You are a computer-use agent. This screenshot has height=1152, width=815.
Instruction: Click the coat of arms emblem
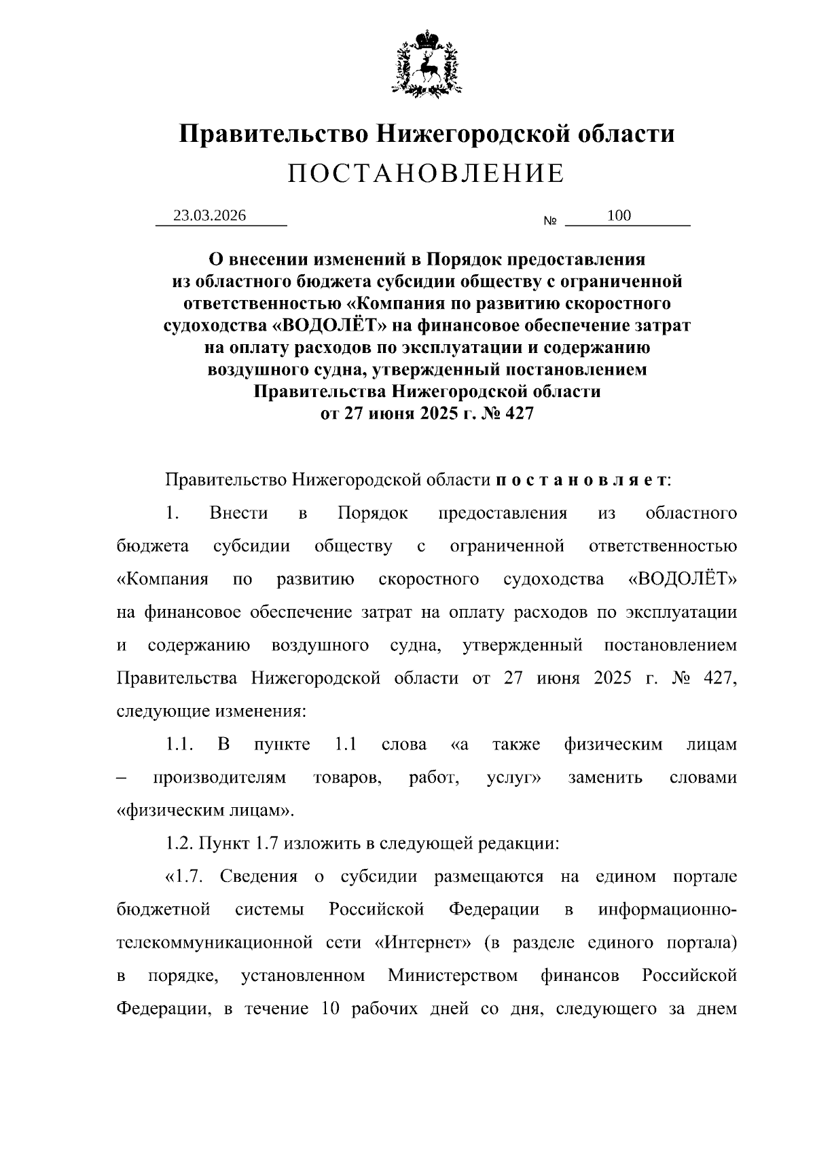[427, 62]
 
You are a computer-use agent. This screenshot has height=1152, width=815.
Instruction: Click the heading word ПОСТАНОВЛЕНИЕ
[427, 174]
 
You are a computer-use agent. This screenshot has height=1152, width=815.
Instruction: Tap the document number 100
[619, 216]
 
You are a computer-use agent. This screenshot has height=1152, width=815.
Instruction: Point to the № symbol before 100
[550, 221]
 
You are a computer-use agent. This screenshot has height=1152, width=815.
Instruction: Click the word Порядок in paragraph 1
[372, 513]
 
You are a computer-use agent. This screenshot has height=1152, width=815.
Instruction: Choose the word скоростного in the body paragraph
[428, 580]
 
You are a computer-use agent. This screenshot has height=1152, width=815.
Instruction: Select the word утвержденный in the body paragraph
[522, 646]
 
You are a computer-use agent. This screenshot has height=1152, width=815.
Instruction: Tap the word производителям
[219, 778]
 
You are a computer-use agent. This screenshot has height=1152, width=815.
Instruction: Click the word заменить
[605, 778]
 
